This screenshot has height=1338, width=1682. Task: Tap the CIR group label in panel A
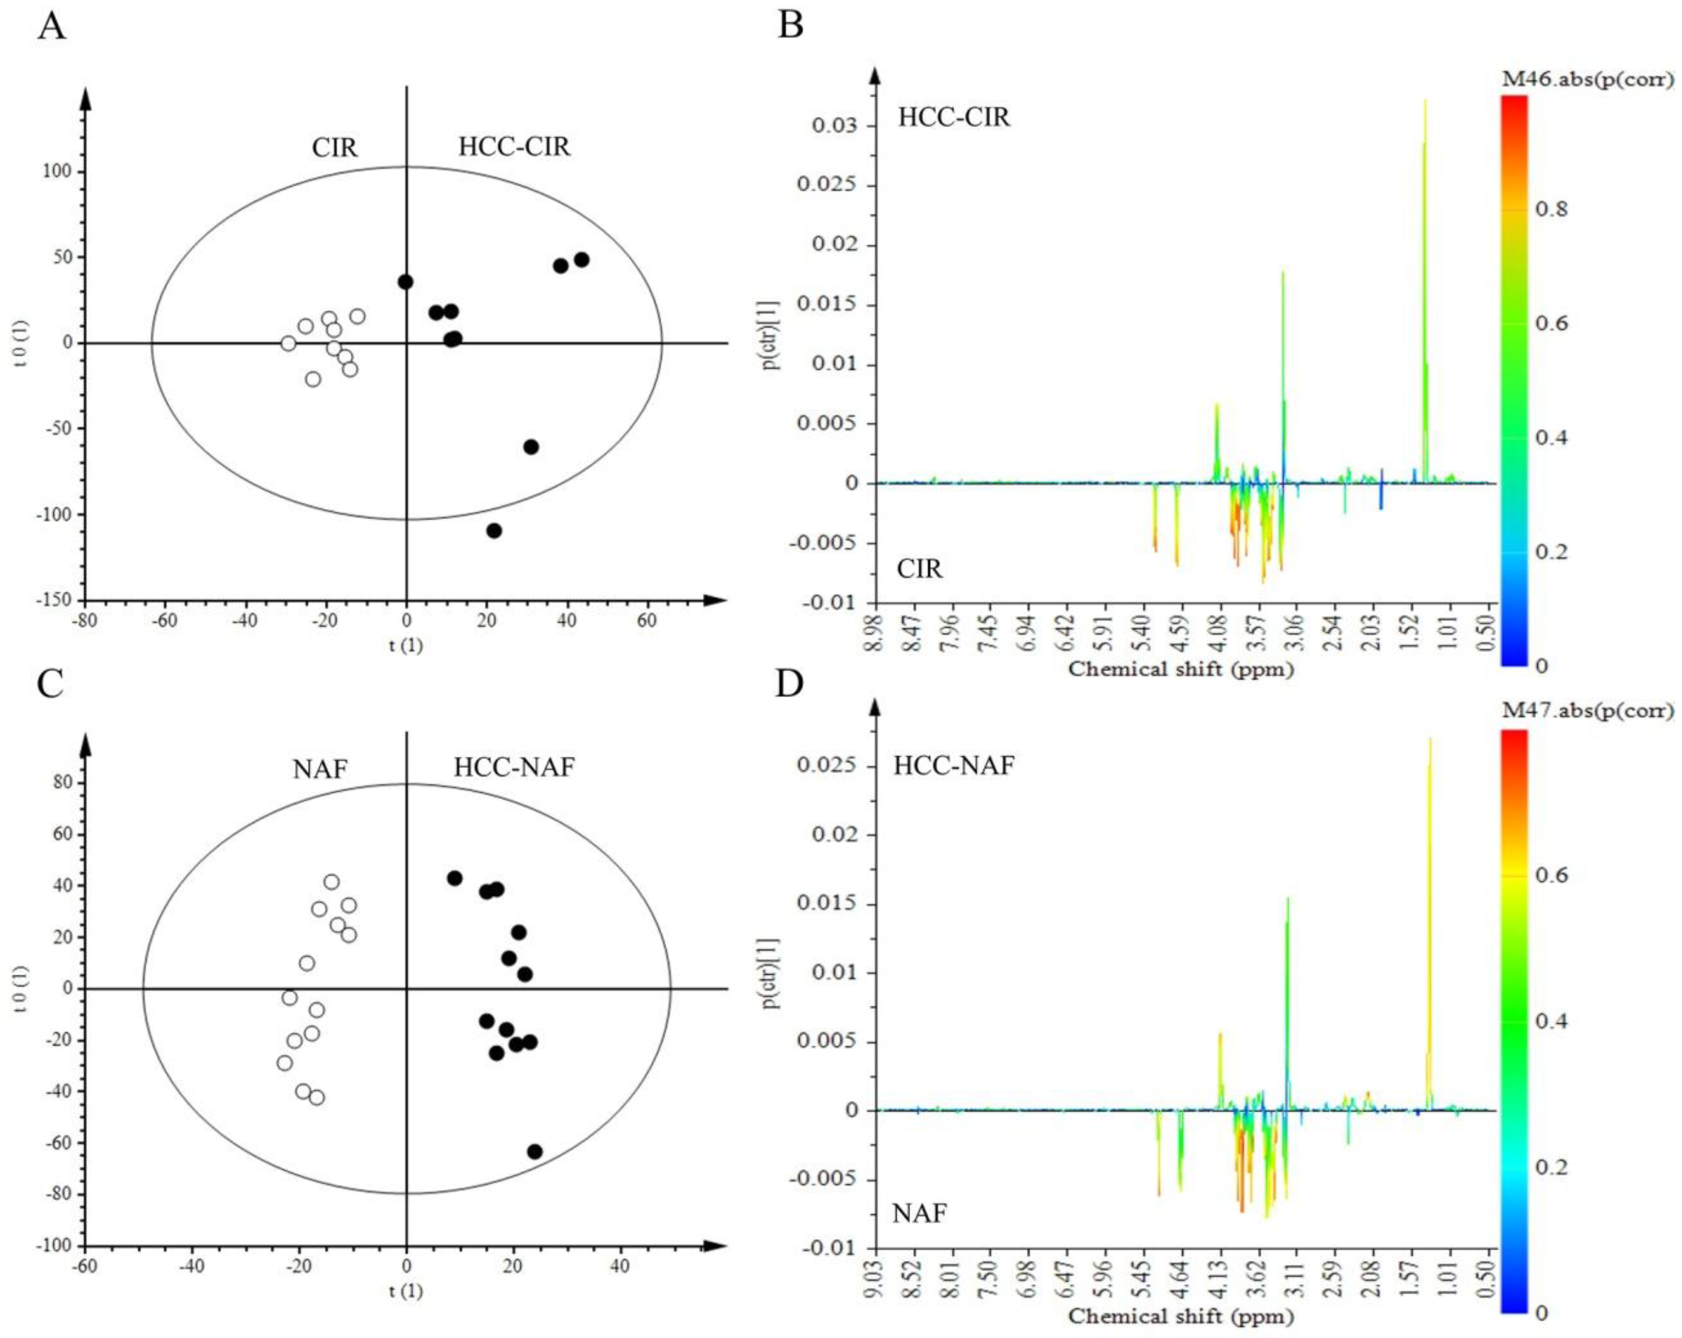tap(335, 147)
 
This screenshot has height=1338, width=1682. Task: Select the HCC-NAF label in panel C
tap(514, 768)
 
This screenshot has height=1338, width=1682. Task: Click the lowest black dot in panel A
tap(494, 530)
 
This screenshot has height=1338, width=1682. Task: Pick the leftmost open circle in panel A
tap(288, 343)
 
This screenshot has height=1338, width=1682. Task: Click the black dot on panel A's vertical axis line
tap(405, 282)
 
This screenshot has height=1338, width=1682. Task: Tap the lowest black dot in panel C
tap(535, 1151)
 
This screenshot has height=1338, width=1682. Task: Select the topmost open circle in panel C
tap(332, 882)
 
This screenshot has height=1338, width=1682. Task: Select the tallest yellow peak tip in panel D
tap(1430, 740)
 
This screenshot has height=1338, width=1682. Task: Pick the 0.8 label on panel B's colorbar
tap(1551, 209)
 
